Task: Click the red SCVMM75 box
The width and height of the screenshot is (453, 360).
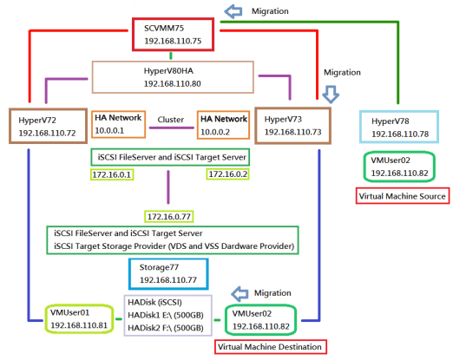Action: coord(172,34)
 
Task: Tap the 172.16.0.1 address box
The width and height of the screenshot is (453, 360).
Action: coord(112,174)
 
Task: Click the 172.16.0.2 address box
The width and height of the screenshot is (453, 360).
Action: coord(226,174)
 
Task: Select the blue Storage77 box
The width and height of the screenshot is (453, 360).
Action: coord(168,275)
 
